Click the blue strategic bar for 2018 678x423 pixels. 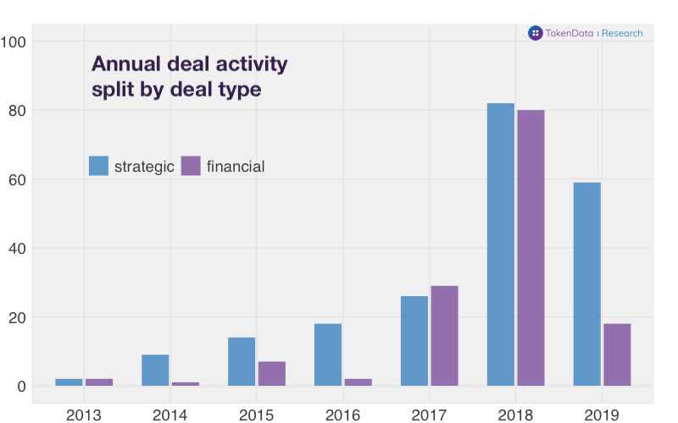click(501, 244)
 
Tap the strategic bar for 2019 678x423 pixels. click(586, 284)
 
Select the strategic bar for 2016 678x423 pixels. click(328, 354)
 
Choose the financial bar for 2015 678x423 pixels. click(271, 373)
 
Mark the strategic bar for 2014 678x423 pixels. click(155, 370)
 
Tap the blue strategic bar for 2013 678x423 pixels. click(69, 382)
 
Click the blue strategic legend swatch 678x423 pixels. click(99, 166)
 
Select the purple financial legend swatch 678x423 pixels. click(191, 166)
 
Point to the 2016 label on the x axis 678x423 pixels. click(342, 415)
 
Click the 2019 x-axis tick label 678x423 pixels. click(602, 415)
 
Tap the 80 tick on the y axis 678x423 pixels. click(18, 111)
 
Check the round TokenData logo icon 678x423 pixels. click(535, 33)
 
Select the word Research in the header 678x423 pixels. click(622, 33)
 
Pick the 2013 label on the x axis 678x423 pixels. click(83, 415)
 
